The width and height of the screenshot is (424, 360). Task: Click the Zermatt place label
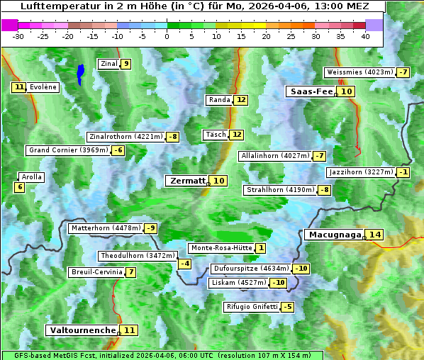(x=187, y=181)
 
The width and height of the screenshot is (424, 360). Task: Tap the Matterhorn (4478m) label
(x=105, y=228)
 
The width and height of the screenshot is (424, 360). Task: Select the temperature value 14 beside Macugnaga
(x=374, y=235)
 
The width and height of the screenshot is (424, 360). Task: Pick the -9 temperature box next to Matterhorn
(x=150, y=228)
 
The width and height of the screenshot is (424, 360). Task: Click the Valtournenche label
(x=82, y=330)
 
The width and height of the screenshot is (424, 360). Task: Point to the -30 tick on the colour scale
(x=18, y=35)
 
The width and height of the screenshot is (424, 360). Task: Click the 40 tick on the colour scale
(x=365, y=35)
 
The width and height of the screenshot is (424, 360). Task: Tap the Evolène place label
(x=43, y=87)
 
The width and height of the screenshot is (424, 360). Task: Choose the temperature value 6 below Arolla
(x=19, y=187)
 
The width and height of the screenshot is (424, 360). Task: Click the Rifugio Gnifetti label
(x=252, y=307)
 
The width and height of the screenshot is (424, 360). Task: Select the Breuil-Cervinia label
(x=96, y=272)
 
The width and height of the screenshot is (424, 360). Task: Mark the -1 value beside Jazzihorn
(x=403, y=172)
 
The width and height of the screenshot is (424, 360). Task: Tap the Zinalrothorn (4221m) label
(x=125, y=136)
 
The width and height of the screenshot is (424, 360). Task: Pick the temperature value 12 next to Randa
(x=241, y=100)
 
